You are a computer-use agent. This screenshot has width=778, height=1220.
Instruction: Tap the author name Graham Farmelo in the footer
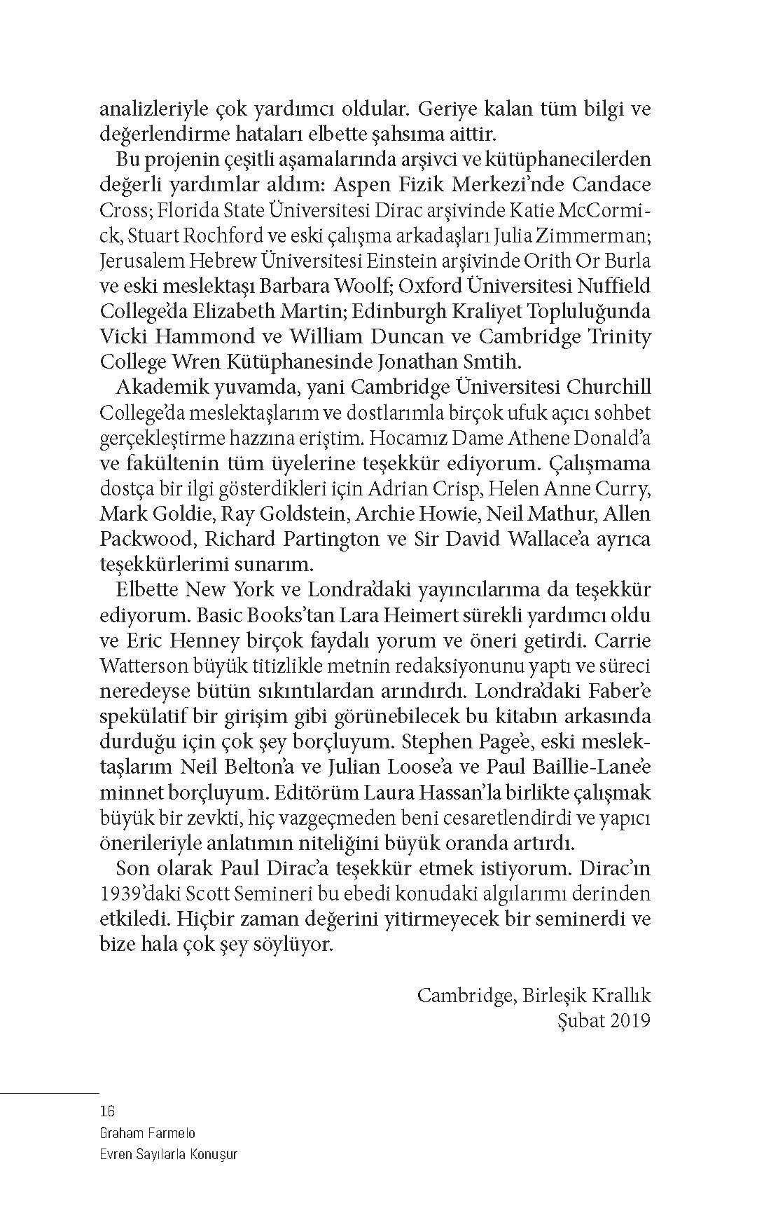pyautogui.click(x=148, y=1132)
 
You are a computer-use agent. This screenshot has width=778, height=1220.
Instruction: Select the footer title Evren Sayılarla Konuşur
pyautogui.click(x=169, y=1154)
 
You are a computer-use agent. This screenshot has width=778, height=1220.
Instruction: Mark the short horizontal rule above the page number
pyautogui.click(x=50, y=1092)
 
